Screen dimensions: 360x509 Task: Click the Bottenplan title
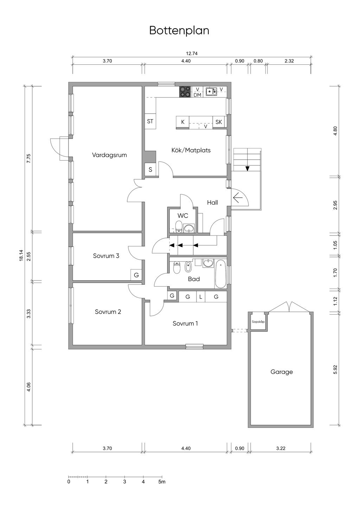(179, 31)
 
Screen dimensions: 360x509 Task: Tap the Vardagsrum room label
(109, 155)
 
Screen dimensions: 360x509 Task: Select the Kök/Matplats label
(191, 150)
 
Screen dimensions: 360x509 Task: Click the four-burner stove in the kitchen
(185, 92)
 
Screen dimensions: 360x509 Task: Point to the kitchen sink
(211, 91)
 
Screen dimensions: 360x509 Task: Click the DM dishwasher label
(197, 95)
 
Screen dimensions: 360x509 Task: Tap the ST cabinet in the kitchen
(150, 121)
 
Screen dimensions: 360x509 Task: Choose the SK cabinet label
(219, 122)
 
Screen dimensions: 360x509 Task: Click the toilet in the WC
(179, 226)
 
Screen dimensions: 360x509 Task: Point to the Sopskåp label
(258, 322)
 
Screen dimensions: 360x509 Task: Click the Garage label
(282, 372)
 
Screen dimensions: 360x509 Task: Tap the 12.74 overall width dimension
(192, 54)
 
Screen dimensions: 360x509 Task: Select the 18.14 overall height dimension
(21, 256)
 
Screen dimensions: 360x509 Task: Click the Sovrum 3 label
(106, 256)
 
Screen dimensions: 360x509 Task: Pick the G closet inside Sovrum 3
(136, 275)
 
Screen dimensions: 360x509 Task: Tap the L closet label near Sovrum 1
(200, 297)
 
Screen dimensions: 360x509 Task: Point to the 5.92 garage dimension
(336, 369)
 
